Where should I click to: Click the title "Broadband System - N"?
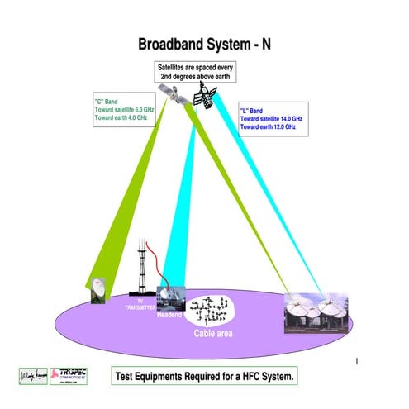point(202,45)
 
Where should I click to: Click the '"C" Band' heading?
point(108,103)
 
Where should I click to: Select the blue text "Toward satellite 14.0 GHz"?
point(271,119)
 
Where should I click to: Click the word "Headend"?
point(169,314)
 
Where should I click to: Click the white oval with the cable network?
point(211,312)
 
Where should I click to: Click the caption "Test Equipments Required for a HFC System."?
point(203,376)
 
